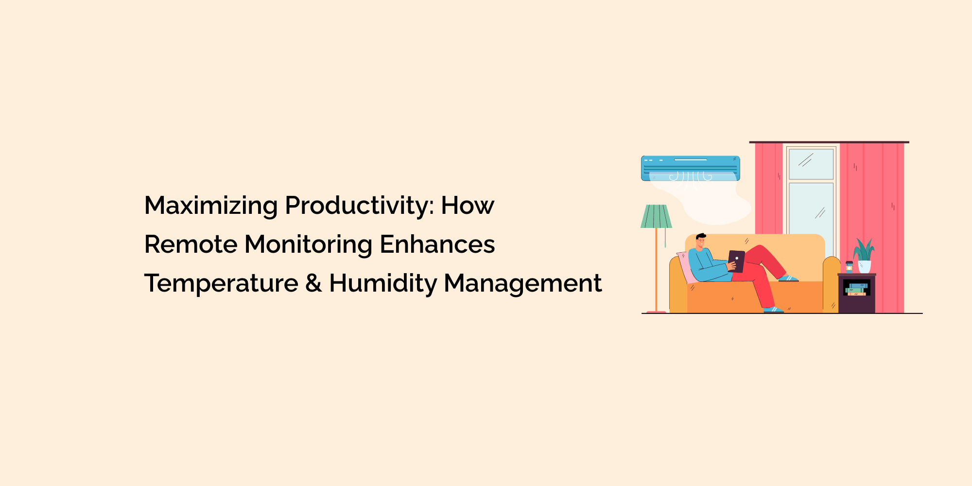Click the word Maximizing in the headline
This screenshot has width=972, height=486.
(x=211, y=206)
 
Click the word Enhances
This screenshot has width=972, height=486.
(x=437, y=244)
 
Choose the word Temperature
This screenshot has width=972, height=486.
(x=222, y=283)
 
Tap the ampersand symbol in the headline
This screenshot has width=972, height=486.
(x=313, y=283)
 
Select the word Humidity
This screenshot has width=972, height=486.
(x=383, y=283)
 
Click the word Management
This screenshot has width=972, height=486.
(x=523, y=284)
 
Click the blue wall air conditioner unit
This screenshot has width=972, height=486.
(x=691, y=168)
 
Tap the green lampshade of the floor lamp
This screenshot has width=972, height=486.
(x=656, y=216)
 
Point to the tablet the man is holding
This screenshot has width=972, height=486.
(x=736, y=261)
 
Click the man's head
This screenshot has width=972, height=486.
(x=701, y=241)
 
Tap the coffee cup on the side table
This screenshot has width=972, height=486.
(x=849, y=267)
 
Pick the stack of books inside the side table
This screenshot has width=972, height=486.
(x=856, y=289)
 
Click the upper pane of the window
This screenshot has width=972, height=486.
(x=811, y=164)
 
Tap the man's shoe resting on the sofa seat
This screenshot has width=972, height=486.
(x=788, y=278)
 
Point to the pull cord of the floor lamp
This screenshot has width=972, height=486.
(x=665, y=238)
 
